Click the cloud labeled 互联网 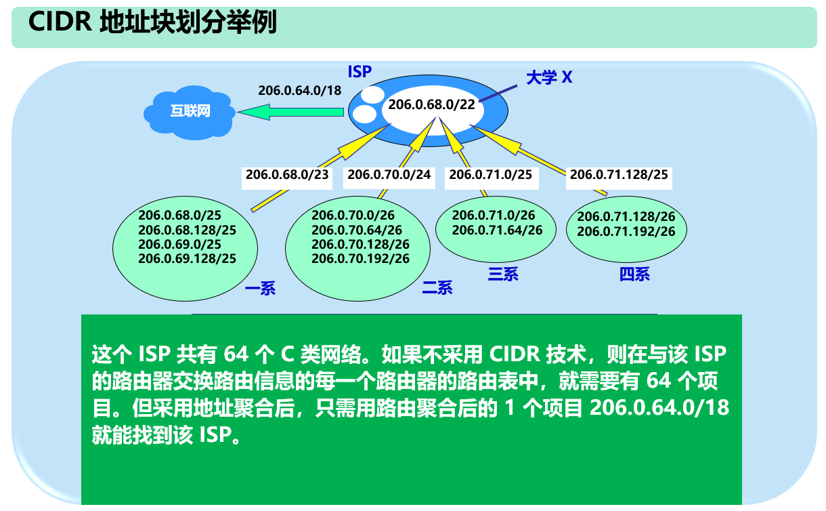190,111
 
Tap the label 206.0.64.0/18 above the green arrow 299,90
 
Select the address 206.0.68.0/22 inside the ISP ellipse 431,105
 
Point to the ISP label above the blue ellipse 360,71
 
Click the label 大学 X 549,77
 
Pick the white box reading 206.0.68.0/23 287,175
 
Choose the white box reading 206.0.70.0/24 389,175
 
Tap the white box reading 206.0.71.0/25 490,175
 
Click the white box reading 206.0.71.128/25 619,175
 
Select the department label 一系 260,290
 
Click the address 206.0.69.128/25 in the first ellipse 187,258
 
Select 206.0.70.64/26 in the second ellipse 357,230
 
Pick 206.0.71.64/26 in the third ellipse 497,230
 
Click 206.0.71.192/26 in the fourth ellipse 626,231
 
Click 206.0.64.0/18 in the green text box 659,408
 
